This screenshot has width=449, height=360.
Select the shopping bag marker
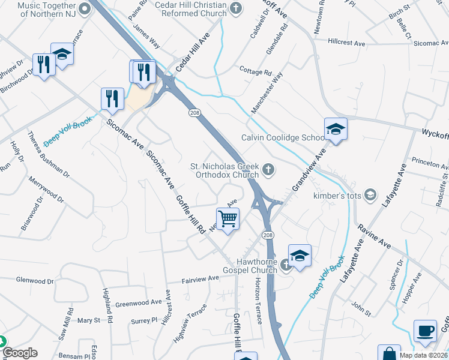pyautogui.click(x=389, y=354)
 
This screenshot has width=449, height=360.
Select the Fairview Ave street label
pyautogui.click(x=201, y=279)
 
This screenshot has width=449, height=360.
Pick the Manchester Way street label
pyautogui.click(x=267, y=93)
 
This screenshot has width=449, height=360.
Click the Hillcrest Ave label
pyautogui.click(x=347, y=43)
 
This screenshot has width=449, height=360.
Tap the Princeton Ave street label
pyautogui.click(x=430, y=161)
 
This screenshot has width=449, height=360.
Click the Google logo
pyautogui.click(x=19, y=353)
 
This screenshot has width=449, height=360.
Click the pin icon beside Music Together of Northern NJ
pyautogui.click(x=84, y=8)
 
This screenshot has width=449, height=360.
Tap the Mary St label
pyautogui.click(x=88, y=321)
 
